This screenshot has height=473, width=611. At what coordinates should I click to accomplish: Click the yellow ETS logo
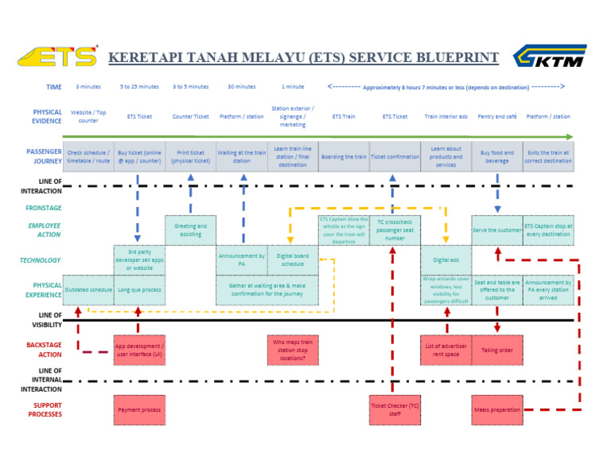[x=57, y=57]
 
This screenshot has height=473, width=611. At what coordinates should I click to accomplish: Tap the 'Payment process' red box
[x=139, y=410]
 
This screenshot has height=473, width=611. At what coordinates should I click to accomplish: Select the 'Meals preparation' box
[x=497, y=410]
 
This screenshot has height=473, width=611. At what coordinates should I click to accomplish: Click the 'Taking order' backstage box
[x=497, y=350]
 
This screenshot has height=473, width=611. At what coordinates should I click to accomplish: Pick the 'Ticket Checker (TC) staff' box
[x=395, y=410]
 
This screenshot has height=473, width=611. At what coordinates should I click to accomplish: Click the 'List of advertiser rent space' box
[x=446, y=350]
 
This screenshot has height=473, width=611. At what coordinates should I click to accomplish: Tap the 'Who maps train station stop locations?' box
[x=294, y=350]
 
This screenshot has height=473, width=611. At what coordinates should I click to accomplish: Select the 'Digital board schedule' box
[x=293, y=260]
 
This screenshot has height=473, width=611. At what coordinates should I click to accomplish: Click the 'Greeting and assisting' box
[x=190, y=230]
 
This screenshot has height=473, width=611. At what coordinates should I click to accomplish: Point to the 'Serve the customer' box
[x=497, y=230]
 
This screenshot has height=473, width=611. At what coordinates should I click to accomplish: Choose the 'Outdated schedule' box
[x=88, y=290]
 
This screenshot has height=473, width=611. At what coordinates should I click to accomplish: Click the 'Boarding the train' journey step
[x=344, y=157]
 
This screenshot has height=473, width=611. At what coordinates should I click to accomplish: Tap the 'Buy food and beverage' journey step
[x=497, y=157]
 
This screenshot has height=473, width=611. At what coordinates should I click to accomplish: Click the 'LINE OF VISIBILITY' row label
[x=40, y=319]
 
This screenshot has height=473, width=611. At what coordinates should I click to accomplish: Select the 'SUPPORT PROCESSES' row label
[x=40, y=410]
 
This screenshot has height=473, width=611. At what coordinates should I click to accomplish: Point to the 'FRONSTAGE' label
[x=44, y=208]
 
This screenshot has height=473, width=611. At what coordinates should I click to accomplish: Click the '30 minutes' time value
[x=242, y=87]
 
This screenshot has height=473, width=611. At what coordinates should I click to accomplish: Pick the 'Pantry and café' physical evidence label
[x=497, y=116]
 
